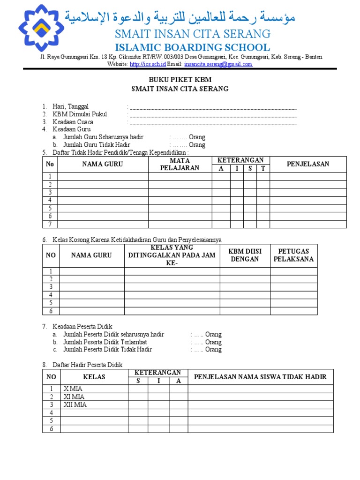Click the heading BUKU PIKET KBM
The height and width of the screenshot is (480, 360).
pyautogui.click(x=180, y=80)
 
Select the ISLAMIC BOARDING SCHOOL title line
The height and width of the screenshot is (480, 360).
pyautogui.click(x=193, y=47)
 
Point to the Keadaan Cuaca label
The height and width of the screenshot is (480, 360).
pyautogui.click(x=73, y=122)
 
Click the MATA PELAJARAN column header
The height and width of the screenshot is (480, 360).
pyautogui.click(x=180, y=164)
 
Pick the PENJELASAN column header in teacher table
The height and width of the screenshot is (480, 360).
pyautogui.click(x=308, y=164)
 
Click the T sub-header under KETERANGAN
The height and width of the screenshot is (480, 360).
pyautogui.click(x=263, y=168)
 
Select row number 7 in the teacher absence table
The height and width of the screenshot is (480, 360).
pyautogui.click(x=50, y=224)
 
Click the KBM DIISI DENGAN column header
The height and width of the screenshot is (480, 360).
pyautogui.click(x=245, y=255)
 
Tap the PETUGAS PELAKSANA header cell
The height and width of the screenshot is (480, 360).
pyautogui.click(x=293, y=255)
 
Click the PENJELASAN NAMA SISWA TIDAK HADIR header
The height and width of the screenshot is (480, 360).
pyautogui.click(x=260, y=376)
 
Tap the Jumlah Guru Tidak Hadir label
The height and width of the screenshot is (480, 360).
pyautogui.click(x=97, y=145)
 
